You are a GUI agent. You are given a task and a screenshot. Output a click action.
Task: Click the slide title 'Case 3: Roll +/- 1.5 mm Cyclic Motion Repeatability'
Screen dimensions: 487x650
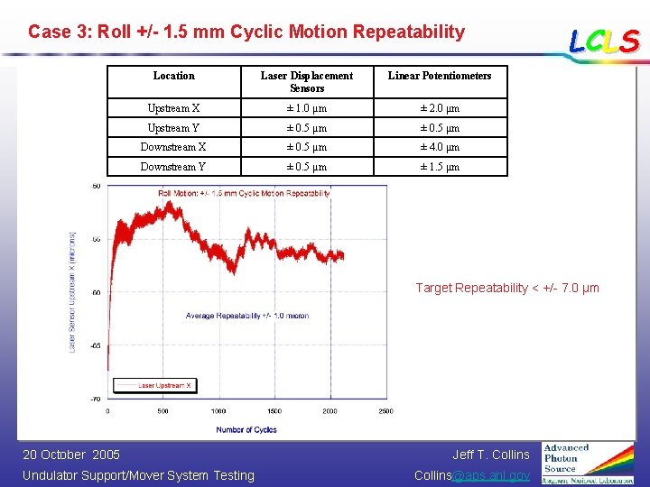246,32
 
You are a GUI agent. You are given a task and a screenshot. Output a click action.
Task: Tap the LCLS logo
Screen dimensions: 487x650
603,41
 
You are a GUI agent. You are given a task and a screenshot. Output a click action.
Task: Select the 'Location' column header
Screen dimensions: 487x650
173,76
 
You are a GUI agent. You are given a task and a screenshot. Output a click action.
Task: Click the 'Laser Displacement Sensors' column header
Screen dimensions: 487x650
307,82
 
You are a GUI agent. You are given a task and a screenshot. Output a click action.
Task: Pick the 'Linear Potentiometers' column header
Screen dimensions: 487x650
440,76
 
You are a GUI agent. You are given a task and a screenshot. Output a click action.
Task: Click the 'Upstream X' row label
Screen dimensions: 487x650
173,109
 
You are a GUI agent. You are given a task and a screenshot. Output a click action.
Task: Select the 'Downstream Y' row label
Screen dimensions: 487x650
173,167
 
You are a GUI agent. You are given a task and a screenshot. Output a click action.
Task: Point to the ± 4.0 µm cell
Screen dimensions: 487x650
440,147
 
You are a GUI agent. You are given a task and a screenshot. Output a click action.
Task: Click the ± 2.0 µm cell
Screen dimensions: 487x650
440,109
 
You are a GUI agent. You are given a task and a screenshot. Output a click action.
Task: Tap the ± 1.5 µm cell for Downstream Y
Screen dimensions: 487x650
440,167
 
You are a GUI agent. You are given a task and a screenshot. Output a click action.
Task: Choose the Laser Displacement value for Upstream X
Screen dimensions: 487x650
307,109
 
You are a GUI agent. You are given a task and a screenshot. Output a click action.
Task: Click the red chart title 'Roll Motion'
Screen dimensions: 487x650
244,193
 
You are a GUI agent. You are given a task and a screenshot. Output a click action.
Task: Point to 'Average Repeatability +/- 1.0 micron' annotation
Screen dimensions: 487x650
247,316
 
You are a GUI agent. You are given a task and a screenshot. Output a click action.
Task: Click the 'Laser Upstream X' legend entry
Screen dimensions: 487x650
162,385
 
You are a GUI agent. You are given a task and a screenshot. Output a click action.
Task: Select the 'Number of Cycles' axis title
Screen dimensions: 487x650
246,430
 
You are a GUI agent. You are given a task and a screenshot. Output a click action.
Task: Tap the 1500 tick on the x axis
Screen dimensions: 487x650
274,411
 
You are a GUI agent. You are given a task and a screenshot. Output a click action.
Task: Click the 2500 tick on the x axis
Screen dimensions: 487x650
385,411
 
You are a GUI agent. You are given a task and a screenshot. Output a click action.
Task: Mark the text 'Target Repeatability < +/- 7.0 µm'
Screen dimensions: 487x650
506,288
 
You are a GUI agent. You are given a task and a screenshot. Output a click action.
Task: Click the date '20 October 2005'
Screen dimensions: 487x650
71,455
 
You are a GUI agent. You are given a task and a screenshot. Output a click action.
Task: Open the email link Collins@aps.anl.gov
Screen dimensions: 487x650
472,475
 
